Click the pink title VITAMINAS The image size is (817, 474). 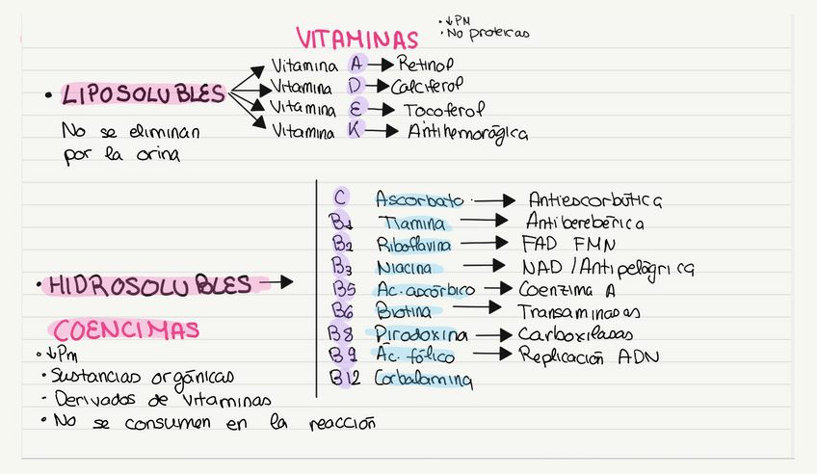coord(356,39)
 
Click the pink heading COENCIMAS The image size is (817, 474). coord(126,329)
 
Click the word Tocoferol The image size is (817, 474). coord(444,109)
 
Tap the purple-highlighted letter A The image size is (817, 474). coord(356,66)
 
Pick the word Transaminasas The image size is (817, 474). coord(579,312)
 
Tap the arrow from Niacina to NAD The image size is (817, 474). coord(485,266)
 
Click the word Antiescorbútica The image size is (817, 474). coord(594,200)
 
